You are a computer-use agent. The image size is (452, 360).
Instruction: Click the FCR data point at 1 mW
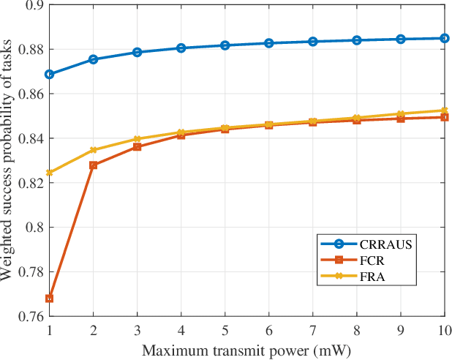point(49,299)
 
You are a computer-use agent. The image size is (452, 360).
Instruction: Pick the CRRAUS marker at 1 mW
point(49,75)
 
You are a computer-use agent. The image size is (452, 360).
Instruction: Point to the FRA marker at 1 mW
point(49,173)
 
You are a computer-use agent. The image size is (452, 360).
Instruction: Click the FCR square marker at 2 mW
point(94,165)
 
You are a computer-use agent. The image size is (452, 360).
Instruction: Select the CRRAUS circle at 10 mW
point(445,38)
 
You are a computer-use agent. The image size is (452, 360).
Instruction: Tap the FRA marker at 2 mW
point(94,150)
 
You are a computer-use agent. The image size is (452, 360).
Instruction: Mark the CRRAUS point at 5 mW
point(225,45)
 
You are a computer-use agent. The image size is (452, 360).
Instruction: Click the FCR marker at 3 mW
point(138,147)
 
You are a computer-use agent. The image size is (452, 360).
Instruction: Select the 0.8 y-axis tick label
point(34,228)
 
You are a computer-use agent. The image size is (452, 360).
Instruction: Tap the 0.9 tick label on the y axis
point(34,5)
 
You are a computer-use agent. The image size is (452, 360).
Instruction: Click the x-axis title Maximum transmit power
point(246,350)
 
